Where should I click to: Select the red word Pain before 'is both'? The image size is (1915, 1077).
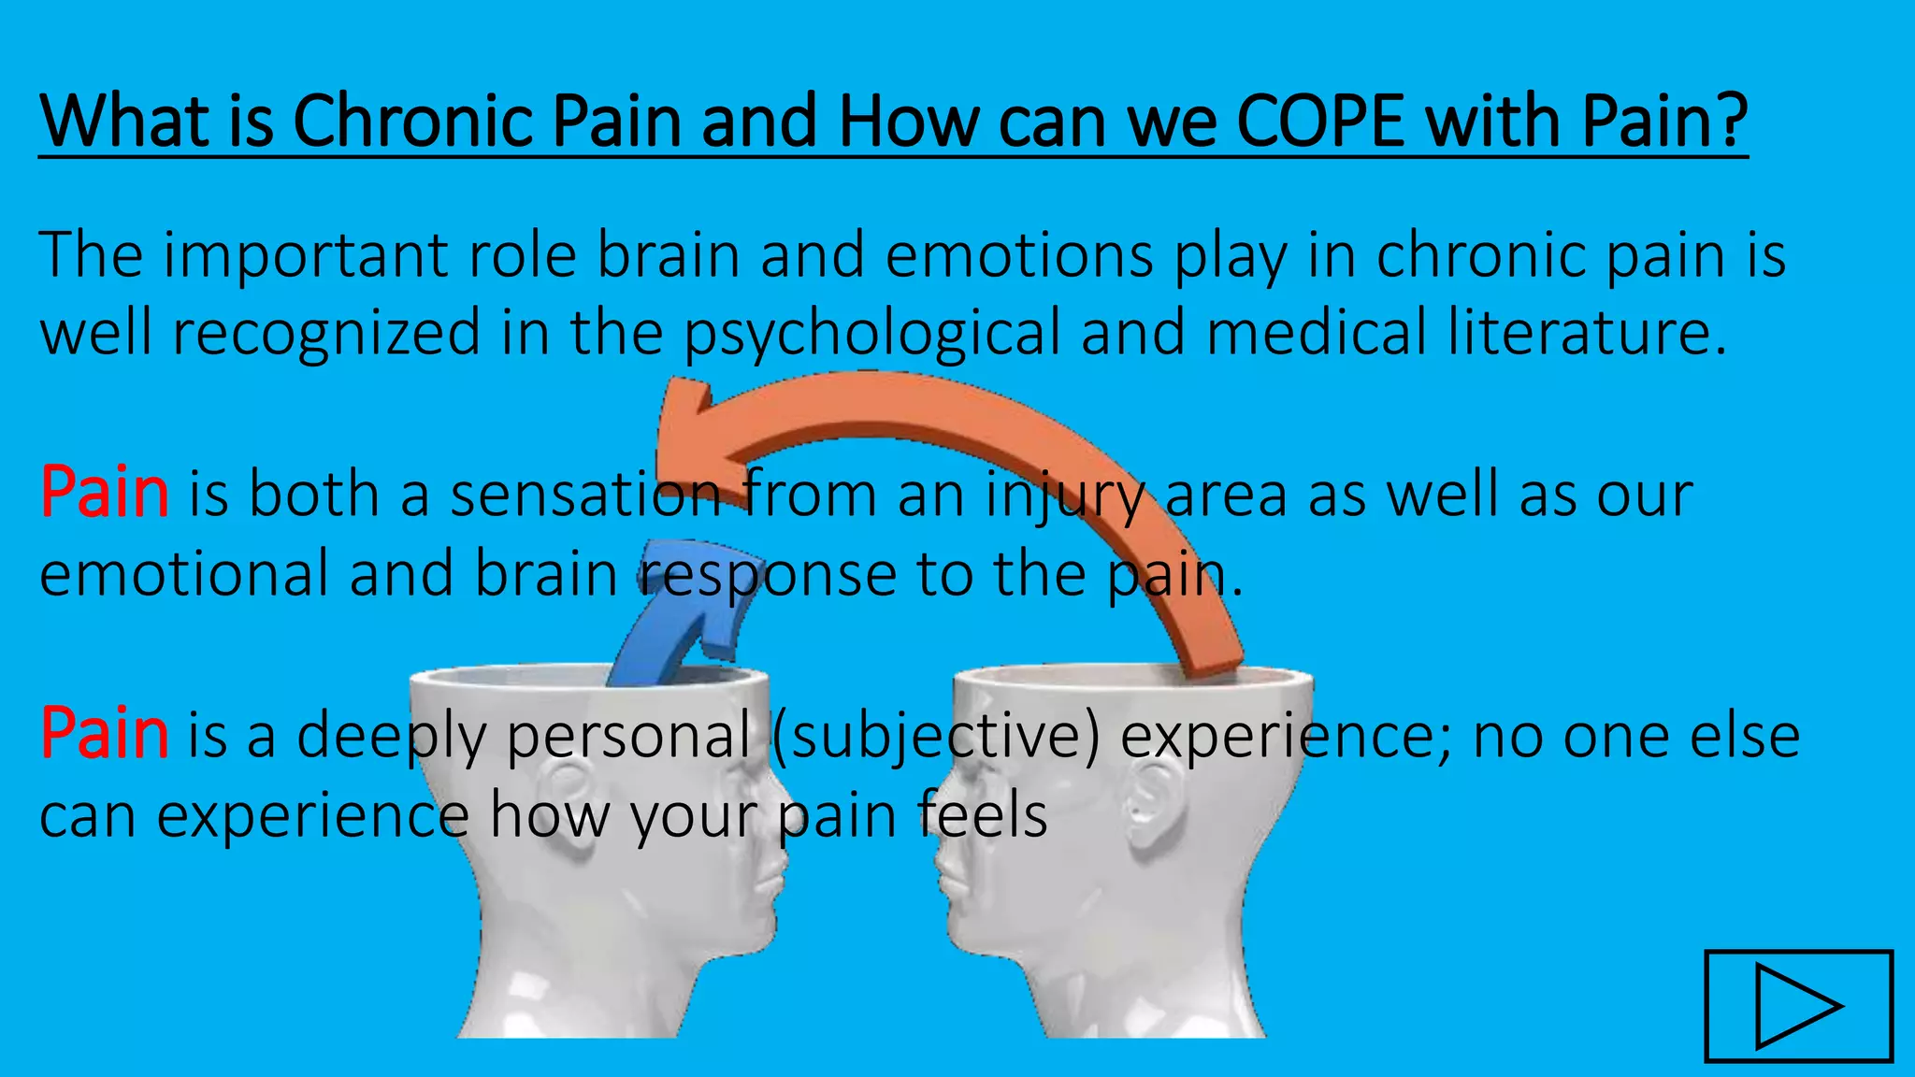pyautogui.click(x=104, y=493)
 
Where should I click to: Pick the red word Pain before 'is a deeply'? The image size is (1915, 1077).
pyautogui.click(x=104, y=734)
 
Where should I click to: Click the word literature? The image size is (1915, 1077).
pyautogui.click(x=1586, y=333)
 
